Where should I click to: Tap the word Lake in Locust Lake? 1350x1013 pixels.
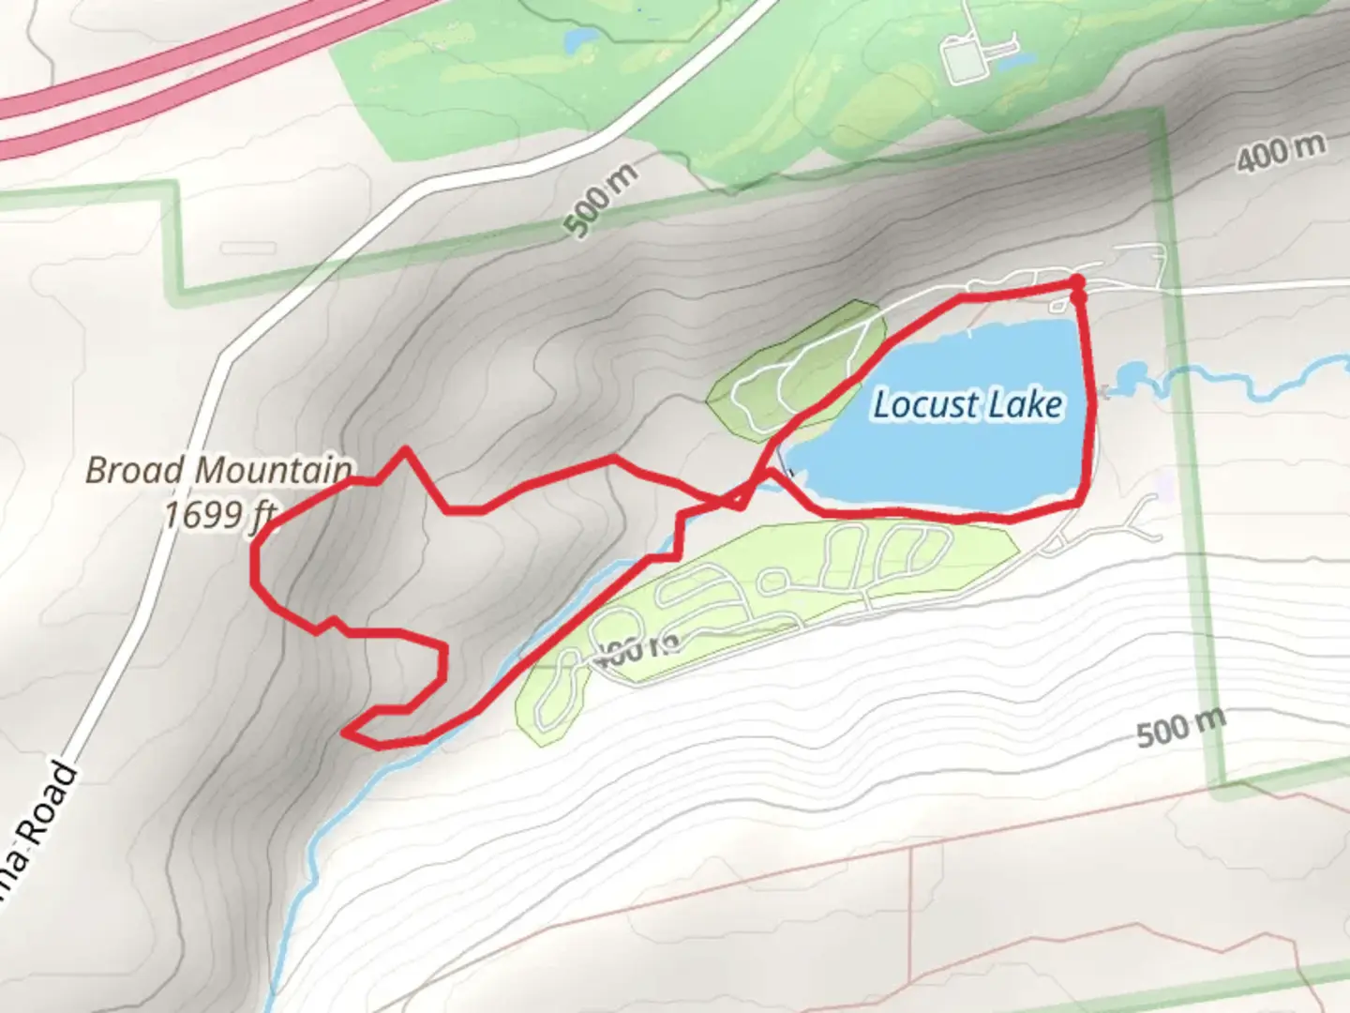tap(1028, 405)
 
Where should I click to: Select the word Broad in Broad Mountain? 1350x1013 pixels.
tap(130, 470)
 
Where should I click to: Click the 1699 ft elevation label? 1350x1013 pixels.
tap(218, 515)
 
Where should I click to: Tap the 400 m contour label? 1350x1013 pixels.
tap(1281, 153)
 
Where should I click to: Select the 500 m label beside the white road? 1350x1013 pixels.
tap(602, 200)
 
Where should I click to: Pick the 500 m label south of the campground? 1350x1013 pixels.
tap(1180, 727)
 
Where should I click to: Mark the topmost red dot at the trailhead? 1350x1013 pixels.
tap(1077, 281)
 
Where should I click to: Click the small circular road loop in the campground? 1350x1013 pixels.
tap(774, 582)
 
